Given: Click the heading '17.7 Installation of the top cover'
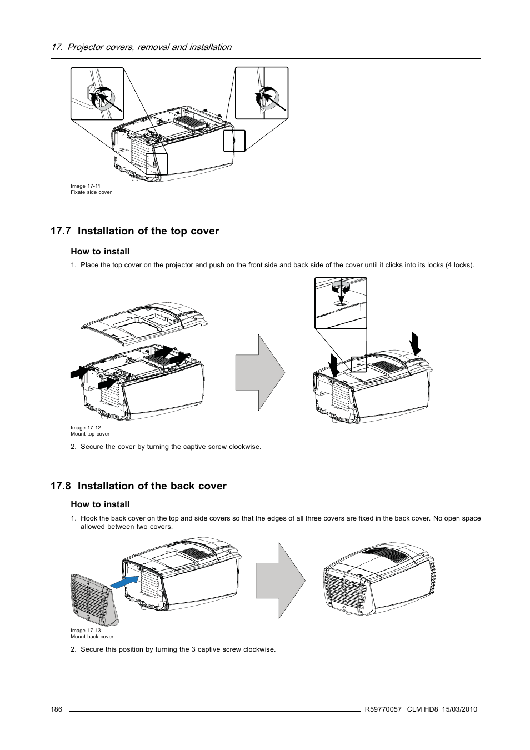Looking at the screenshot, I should (x=134, y=231).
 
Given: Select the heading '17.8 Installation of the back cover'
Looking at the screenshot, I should (x=138, y=486).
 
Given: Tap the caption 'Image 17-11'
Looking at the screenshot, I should (x=86, y=186).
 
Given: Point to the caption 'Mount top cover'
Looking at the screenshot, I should (x=90, y=434).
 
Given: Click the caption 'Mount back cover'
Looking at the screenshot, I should (x=92, y=637).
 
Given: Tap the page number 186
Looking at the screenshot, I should (x=56, y=709).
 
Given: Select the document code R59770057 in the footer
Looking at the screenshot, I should (x=383, y=709).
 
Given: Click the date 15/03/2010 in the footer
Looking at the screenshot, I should (x=459, y=709).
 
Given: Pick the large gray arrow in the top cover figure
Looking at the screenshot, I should (x=260, y=373).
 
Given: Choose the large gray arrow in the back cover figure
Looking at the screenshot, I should (x=280, y=581).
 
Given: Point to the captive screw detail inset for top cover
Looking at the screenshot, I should (x=341, y=303).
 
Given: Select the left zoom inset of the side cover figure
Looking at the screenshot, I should (x=97, y=93).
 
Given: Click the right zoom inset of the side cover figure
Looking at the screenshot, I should (x=262, y=93).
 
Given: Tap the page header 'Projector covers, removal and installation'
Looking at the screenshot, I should (x=149, y=47).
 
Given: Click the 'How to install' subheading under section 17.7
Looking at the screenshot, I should (x=100, y=252).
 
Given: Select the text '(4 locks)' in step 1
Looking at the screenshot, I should (x=459, y=265).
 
